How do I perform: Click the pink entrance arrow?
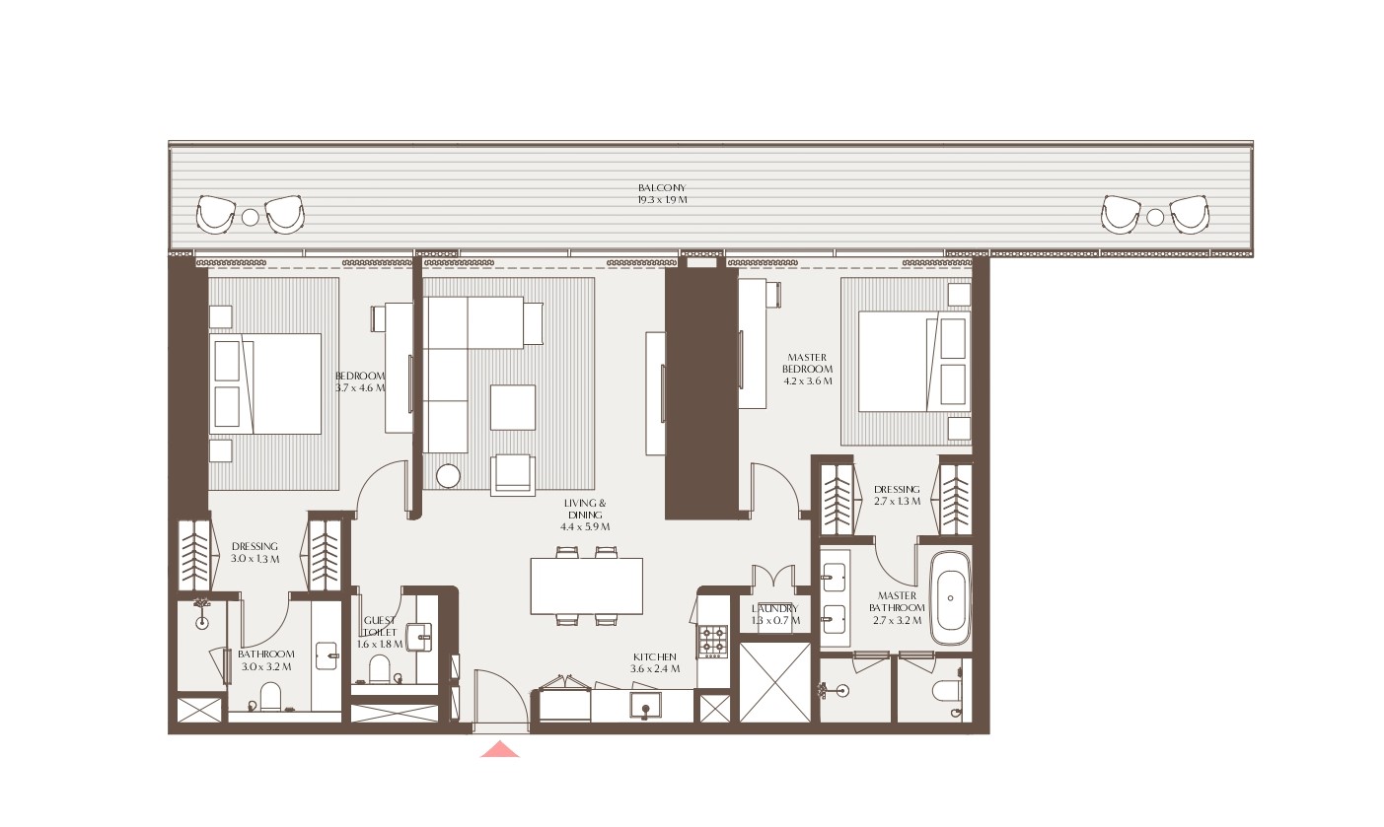tap(500, 750)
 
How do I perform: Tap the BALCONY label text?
tap(661, 193)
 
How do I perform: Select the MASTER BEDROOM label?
tap(808, 369)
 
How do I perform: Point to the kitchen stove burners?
tap(713, 641)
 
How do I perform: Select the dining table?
tap(586, 586)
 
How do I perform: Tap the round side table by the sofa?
tap(449, 475)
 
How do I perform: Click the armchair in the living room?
tap(513, 473)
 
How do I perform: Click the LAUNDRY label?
tap(774, 614)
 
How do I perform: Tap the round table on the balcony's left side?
tap(251, 217)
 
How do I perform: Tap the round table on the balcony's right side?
tap(1155, 217)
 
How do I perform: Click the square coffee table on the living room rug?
tap(513, 407)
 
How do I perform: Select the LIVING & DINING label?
tap(585, 515)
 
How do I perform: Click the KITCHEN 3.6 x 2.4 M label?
tap(655, 662)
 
